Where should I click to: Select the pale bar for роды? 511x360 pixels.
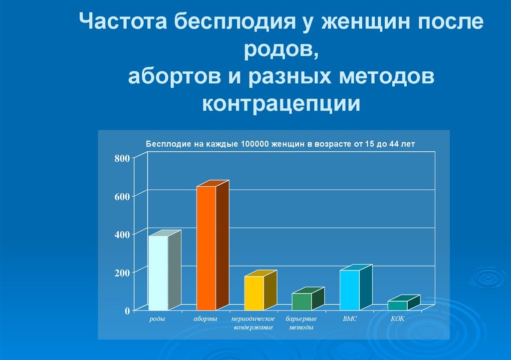pyautogui.click(x=165, y=270)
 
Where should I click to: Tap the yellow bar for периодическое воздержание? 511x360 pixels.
pyautogui.click(x=260, y=290)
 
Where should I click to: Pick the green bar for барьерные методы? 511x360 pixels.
pyautogui.click(x=308, y=299)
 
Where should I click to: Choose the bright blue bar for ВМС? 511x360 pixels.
pyautogui.click(x=356, y=287)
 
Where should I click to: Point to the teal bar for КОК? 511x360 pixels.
pyautogui.click(x=404, y=303)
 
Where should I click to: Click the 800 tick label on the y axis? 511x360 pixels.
pyautogui.click(x=122, y=158)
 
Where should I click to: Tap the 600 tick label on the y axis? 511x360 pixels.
pyautogui.click(x=122, y=197)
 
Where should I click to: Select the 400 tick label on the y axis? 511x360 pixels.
pyautogui.click(x=122, y=235)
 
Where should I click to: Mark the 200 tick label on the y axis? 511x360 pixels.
pyautogui.click(x=122, y=273)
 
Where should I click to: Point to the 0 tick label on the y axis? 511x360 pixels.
pyautogui.click(x=127, y=311)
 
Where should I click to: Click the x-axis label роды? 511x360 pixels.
pyautogui.click(x=157, y=319)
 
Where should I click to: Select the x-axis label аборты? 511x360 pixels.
pyautogui.click(x=205, y=319)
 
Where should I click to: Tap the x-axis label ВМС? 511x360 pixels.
pyautogui.click(x=350, y=319)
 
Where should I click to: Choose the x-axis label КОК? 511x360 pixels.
pyautogui.click(x=398, y=319)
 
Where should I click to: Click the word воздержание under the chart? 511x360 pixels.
pyautogui.click(x=253, y=328)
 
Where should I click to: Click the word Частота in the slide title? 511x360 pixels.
pyautogui.click(x=123, y=21)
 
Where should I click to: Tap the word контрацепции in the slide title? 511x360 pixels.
pyautogui.click(x=281, y=103)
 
